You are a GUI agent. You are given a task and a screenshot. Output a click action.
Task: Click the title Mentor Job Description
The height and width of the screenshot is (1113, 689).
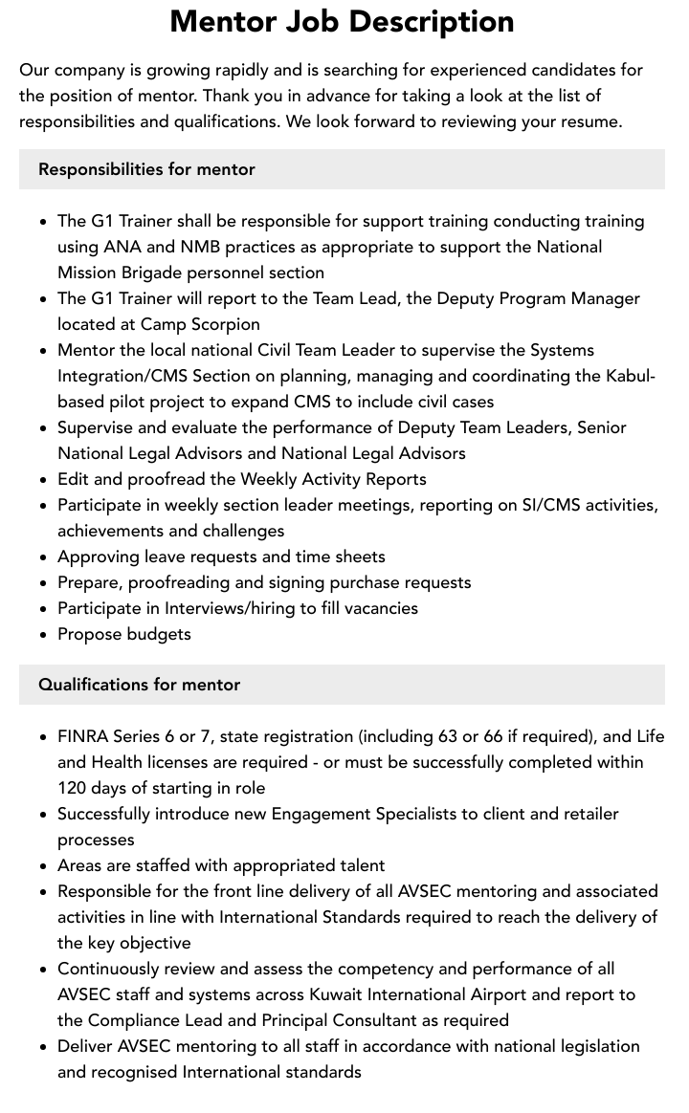[342, 21]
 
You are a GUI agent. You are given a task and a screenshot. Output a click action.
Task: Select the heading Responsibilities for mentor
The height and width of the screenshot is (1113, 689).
[146, 169]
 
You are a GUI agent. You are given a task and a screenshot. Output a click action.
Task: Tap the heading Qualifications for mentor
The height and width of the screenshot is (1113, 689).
[139, 685]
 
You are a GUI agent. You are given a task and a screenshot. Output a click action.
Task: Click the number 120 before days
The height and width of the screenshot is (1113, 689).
[72, 788]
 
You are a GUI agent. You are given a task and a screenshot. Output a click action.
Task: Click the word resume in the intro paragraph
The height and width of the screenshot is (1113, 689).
[589, 121]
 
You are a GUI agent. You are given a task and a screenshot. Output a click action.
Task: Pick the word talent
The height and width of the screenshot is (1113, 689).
[358, 865]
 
